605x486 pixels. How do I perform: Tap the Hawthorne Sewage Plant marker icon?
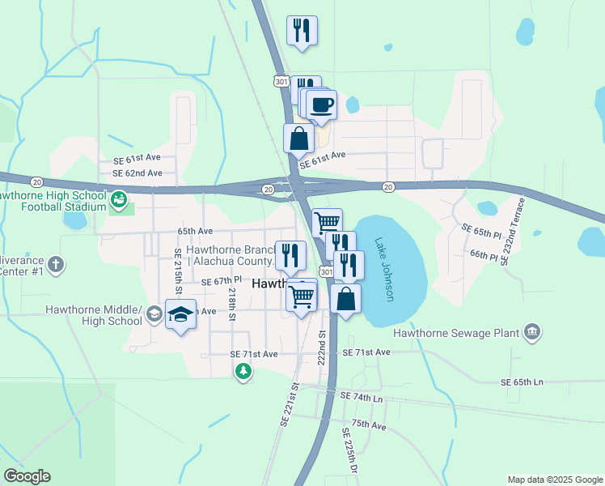tap(532, 330)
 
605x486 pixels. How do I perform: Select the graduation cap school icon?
tap(181, 314)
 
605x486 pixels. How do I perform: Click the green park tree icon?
tap(243, 371)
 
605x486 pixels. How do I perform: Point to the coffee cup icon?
tap(322, 105)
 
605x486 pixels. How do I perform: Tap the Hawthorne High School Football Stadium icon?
tap(118, 198)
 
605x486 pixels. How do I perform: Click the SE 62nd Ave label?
tap(137, 173)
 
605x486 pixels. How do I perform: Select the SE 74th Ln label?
tap(362, 397)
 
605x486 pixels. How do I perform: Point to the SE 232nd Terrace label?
tap(513, 232)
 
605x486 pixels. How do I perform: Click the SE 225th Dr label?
tap(350, 450)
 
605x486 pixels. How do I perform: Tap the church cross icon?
tap(55, 264)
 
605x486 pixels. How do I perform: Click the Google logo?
tap(27, 476)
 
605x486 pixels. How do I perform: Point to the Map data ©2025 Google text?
tap(554, 480)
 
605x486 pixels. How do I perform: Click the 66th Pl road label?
tap(484, 255)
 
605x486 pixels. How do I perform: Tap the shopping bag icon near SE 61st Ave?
tap(299, 138)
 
